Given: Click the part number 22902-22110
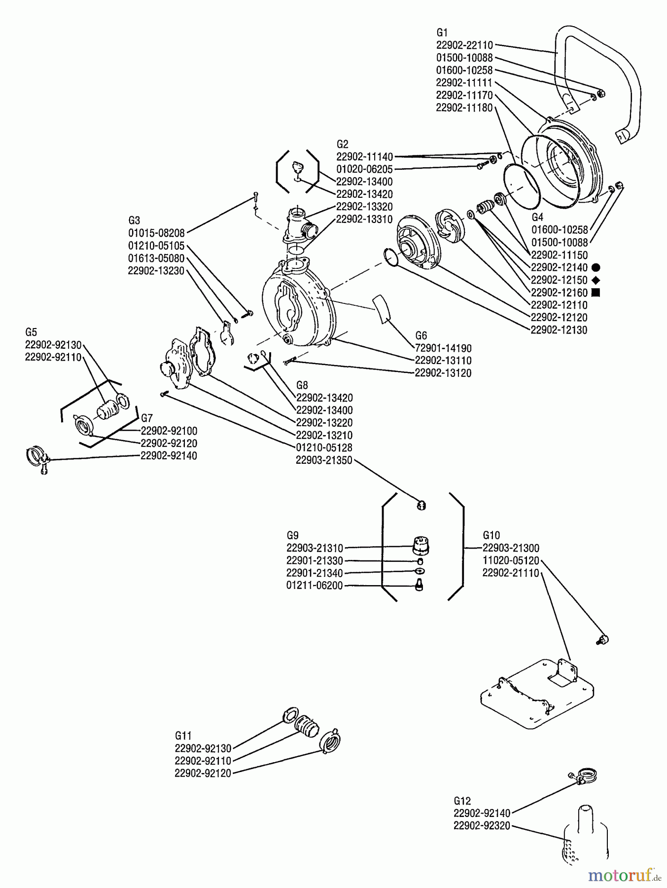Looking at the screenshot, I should [464, 45].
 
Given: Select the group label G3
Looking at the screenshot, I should [134, 220].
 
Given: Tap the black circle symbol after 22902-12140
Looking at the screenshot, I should [596, 268].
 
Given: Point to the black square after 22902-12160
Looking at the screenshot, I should [596, 293].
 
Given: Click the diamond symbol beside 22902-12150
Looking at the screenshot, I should [596, 280].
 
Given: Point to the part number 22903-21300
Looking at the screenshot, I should [511, 548].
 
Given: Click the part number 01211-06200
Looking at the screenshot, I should [315, 586].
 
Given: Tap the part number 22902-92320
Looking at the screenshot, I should [482, 826].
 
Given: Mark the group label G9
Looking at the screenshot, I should [292, 535].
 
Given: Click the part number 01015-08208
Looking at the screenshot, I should [156, 232].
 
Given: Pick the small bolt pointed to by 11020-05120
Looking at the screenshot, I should [603, 640].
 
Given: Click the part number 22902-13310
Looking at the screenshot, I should [364, 219].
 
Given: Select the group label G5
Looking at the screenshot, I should [31, 332].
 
